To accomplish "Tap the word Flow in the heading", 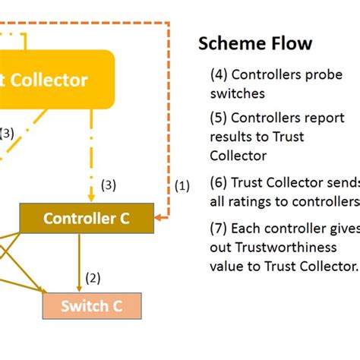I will (290, 44).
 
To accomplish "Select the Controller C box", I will (87, 219).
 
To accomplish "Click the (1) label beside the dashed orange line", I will (183, 186).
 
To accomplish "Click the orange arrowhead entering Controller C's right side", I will (158, 219).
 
